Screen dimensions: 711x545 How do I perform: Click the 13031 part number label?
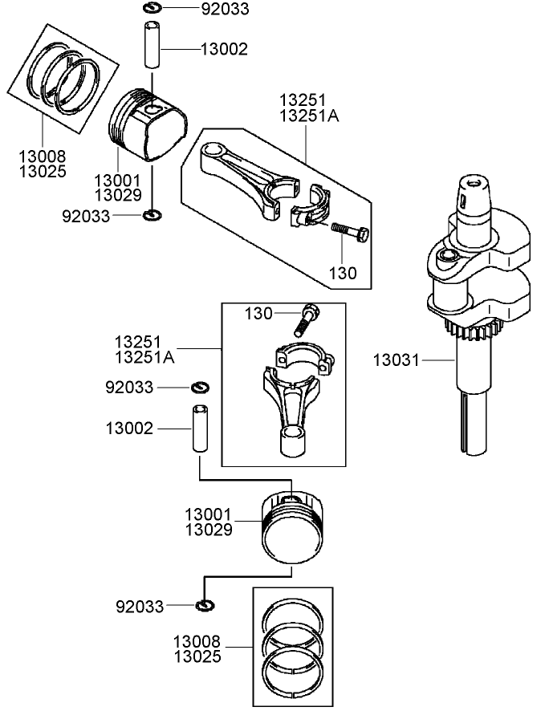point(396,360)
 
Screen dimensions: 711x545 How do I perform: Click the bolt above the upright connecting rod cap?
point(309,319)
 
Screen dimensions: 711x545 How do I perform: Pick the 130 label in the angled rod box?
point(343,272)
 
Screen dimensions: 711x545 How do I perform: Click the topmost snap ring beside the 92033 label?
point(153,9)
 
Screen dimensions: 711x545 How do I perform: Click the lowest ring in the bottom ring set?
point(293,668)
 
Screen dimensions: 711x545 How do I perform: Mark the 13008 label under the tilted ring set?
point(43,156)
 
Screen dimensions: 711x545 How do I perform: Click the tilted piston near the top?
point(148,124)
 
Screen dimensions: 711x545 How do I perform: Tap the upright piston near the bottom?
point(293,531)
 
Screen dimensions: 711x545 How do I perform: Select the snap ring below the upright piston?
point(204,604)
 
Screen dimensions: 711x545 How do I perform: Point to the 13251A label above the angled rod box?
point(309,116)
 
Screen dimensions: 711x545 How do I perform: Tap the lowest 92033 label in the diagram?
point(140,606)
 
